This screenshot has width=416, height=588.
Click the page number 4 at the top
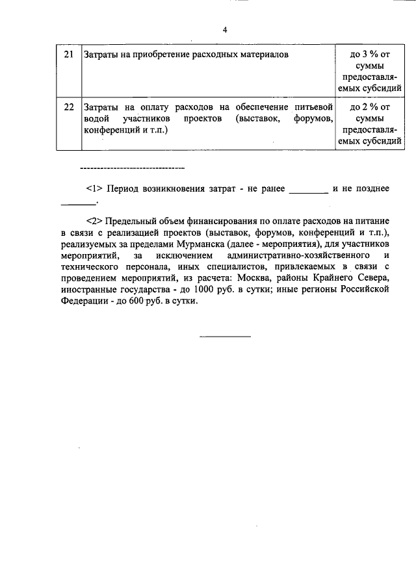224,30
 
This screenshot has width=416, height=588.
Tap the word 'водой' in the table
96,118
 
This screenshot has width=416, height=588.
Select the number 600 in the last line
133,302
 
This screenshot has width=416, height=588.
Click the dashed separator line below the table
132,169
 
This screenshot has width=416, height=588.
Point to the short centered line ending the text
224,337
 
